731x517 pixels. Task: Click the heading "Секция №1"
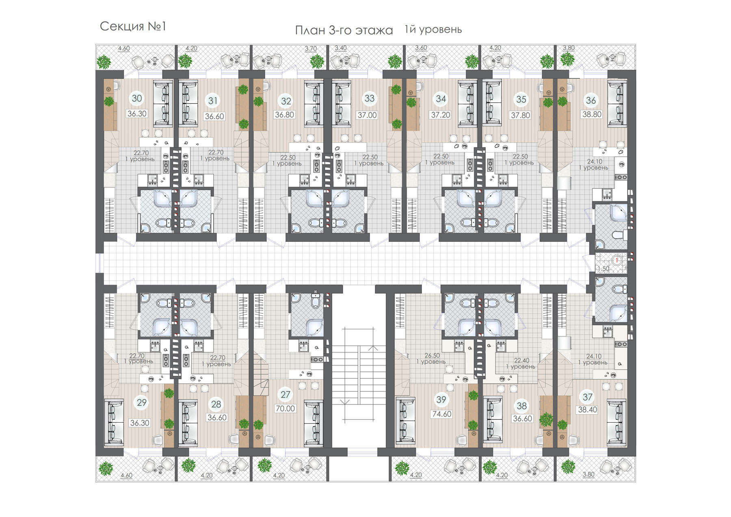tap(133, 27)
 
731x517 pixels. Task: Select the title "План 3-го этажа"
tap(344, 30)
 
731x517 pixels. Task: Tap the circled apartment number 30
tap(137, 98)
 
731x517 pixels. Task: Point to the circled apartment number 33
tap(370, 98)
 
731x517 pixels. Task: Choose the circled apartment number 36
tap(591, 100)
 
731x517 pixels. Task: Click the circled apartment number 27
tap(285, 394)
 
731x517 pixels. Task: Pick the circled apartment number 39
tap(441, 400)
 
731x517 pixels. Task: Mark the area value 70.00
tap(285, 408)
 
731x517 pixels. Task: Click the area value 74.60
tap(441, 414)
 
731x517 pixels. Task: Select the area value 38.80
tap(592, 115)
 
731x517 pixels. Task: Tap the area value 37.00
tap(367, 115)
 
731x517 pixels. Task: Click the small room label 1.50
tap(604, 269)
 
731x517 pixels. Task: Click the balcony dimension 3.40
tap(341, 48)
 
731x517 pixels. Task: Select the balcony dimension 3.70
tap(311, 49)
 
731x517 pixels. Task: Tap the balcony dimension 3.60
tap(421, 48)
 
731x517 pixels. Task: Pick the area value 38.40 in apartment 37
tap(588, 410)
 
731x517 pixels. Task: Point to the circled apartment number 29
tap(142, 403)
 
